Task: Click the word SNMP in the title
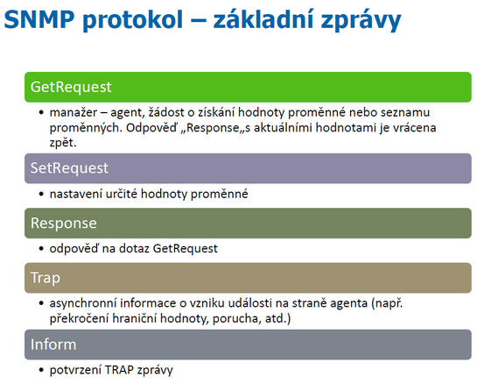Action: (39, 19)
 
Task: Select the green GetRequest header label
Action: (71, 87)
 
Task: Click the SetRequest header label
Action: (69, 168)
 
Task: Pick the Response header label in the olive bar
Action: (64, 224)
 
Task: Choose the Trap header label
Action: (45, 278)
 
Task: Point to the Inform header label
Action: (53, 345)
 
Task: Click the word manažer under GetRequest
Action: (74, 112)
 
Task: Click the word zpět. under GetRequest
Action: (63, 143)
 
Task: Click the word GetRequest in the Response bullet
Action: (186, 248)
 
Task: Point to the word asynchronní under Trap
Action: (82, 303)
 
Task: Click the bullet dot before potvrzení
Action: (42, 370)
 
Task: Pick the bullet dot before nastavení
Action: (42, 194)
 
